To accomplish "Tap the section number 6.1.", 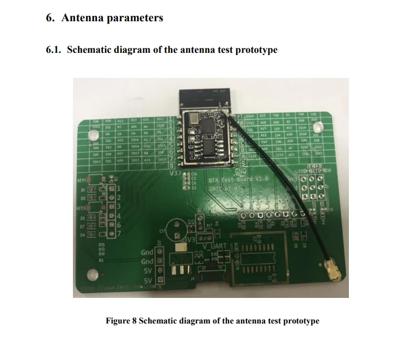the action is click(x=54, y=50).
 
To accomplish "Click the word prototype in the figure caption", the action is click(x=298, y=321).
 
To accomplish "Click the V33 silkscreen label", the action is click(x=175, y=174).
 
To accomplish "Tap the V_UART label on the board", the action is click(x=214, y=246).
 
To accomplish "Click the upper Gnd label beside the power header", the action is click(x=147, y=253).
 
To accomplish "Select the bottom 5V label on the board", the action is click(x=147, y=281).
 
